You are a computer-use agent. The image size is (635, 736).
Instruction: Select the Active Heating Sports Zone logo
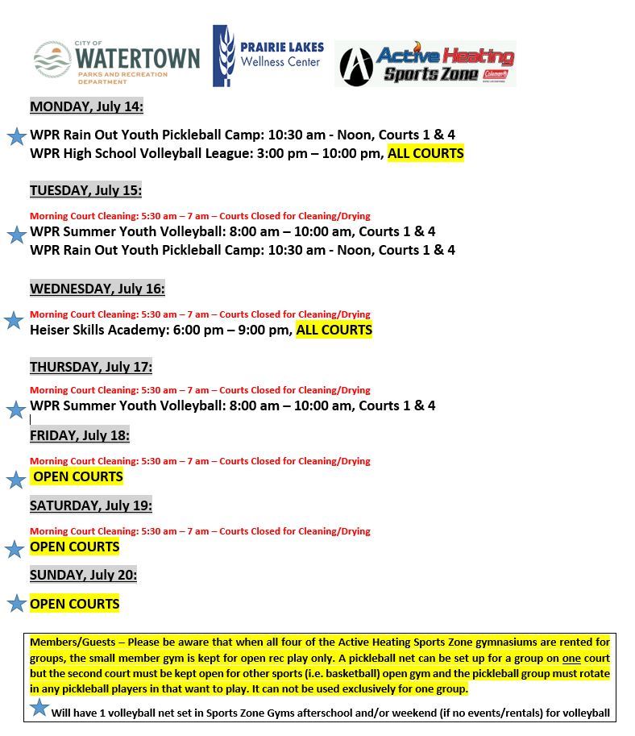coord(425,64)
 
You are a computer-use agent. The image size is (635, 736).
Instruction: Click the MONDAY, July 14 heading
coord(86,106)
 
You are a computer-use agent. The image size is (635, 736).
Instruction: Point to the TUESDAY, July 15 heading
coord(85,190)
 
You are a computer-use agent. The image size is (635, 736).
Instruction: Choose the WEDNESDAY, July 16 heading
coord(97,289)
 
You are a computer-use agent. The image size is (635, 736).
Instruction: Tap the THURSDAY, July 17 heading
coord(90,367)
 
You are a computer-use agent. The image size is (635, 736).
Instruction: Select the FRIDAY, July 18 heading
coord(79,435)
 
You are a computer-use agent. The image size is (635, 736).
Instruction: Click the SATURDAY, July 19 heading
coord(90,505)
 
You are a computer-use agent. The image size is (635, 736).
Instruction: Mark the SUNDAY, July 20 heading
coord(83,575)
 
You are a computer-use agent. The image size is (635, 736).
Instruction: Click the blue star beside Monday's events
coord(16,136)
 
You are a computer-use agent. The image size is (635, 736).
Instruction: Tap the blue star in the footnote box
coord(39,708)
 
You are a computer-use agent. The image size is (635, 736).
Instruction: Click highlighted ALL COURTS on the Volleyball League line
coord(425,153)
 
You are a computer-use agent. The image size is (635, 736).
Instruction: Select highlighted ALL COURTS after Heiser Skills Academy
coord(334,330)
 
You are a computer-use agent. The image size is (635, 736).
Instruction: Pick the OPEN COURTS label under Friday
coord(77,476)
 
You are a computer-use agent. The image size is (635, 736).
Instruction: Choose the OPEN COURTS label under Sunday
coord(74,604)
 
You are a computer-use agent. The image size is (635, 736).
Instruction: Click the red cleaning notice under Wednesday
coord(200,314)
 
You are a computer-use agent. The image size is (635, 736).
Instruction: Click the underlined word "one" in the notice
coord(571,658)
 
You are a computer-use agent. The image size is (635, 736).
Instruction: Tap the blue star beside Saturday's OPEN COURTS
coord(15,550)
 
